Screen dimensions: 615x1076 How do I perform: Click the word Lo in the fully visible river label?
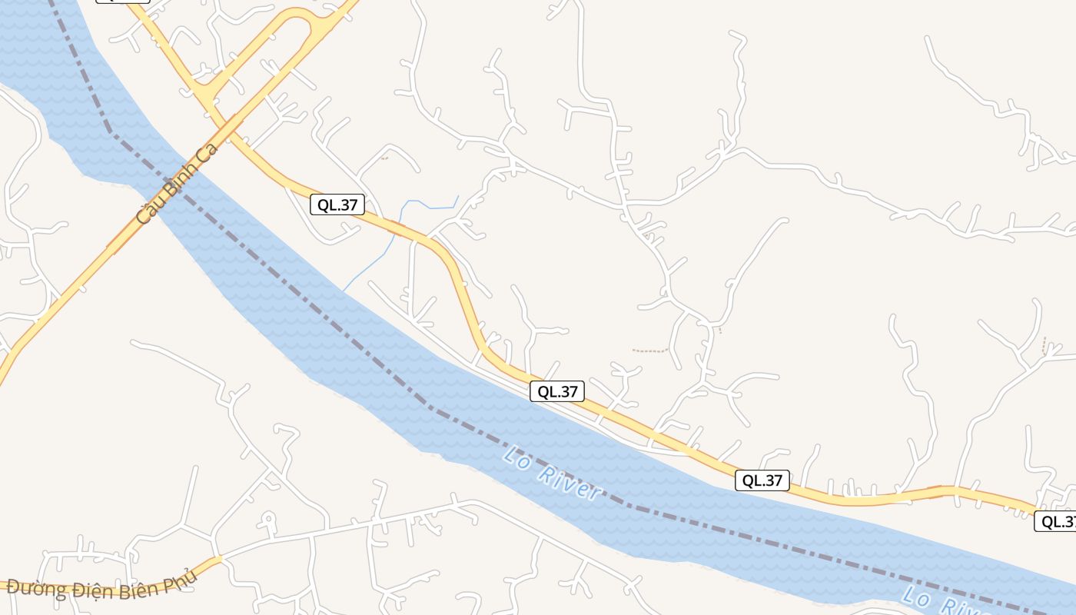pyautogui.click(x=516, y=456)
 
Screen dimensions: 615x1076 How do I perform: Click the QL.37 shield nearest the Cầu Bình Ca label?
pyautogui.click(x=337, y=204)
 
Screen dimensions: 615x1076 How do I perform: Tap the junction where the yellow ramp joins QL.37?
pyautogui.click(x=204, y=92)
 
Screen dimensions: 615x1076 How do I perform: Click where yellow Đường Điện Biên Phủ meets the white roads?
pyautogui.click(x=219, y=559)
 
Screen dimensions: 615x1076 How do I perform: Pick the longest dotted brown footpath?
pyautogui.click(x=650, y=351)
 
